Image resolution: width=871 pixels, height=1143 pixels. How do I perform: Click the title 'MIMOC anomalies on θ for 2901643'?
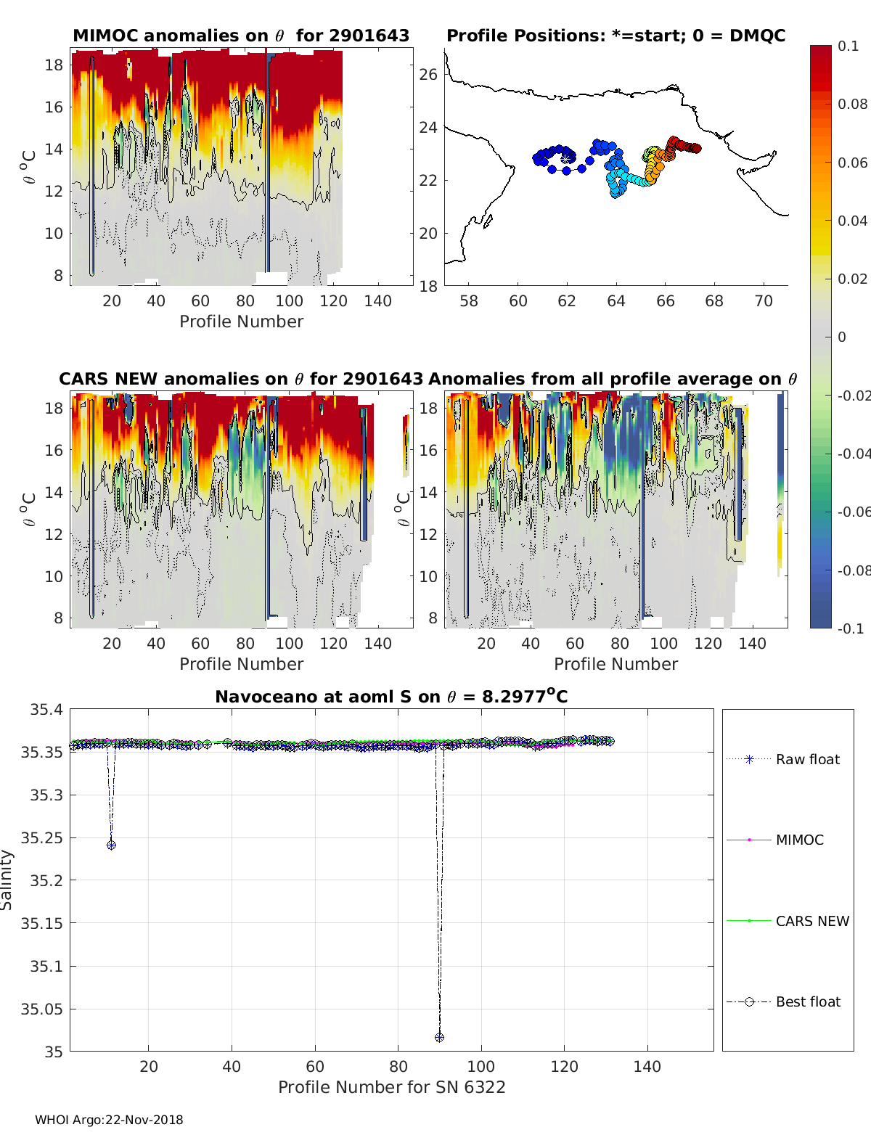[x=241, y=36]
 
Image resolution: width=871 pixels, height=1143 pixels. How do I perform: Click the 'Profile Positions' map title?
[x=616, y=36]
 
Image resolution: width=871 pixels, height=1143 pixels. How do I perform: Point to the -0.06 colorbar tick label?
[x=854, y=512]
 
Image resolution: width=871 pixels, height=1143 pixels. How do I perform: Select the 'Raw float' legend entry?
[x=807, y=759]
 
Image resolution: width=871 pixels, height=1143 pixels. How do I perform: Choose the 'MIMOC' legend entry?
[x=799, y=840]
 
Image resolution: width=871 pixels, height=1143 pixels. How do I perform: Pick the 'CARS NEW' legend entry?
[x=811, y=921]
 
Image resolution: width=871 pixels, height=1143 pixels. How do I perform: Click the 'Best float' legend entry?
[x=807, y=1001]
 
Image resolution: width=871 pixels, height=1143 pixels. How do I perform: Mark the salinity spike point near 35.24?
[x=111, y=845]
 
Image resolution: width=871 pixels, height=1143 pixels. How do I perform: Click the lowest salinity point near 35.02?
[x=439, y=1038]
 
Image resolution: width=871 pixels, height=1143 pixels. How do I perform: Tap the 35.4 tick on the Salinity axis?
[x=46, y=710]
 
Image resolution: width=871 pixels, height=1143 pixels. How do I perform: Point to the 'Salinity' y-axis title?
[x=7, y=880]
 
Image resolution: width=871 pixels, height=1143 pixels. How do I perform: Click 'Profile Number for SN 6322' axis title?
[x=391, y=1087]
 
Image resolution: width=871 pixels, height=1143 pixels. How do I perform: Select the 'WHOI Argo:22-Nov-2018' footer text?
[x=109, y=1120]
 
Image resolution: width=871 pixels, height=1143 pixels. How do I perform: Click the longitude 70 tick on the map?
[x=764, y=300]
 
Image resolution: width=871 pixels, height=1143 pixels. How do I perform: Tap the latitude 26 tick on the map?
[x=428, y=74]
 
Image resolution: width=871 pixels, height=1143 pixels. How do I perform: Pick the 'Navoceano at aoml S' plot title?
[x=391, y=697]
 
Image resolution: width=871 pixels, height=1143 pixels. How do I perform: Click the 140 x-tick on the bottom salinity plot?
[x=647, y=1066]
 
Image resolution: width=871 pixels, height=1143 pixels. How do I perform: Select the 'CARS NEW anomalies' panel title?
[x=240, y=379]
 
